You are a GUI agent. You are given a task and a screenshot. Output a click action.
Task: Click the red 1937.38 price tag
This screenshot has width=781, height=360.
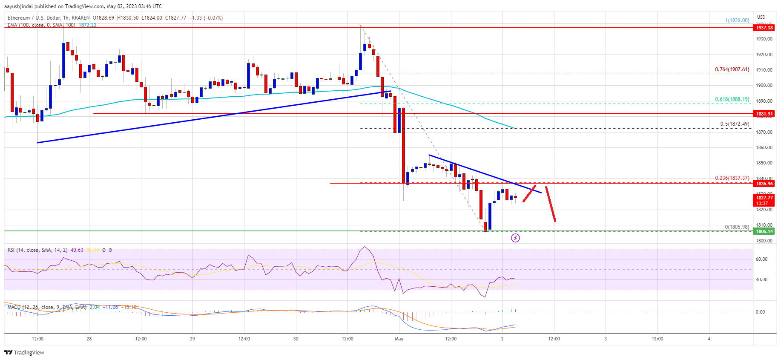pyautogui.click(x=764, y=28)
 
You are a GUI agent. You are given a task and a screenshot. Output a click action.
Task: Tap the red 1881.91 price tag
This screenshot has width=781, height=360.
pyautogui.click(x=764, y=114)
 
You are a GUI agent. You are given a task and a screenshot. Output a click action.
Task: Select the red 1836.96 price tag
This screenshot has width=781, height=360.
pyautogui.click(x=764, y=184)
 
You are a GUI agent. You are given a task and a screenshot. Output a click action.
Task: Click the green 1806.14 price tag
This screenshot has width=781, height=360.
pyautogui.click(x=764, y=231)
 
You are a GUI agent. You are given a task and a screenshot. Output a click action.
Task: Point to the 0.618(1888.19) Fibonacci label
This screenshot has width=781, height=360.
pyautogui.click(x=732, y=99)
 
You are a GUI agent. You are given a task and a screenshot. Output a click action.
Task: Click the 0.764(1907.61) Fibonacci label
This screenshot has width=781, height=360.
pyautogui.click(x=732, y=69)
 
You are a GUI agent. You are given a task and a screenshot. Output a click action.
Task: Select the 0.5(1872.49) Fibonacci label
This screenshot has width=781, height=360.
pyautogui.click(x=734, y=124)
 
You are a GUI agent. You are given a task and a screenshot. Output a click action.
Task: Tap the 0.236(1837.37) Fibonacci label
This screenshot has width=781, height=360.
pyautogui.click(x=732, y=178)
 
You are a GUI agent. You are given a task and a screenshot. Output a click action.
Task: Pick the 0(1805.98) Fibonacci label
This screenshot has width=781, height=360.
pyautogui.click(x=737, y=227)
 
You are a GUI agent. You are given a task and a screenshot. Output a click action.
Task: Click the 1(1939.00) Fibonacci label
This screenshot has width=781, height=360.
pyautogui.click(x=737, y=20)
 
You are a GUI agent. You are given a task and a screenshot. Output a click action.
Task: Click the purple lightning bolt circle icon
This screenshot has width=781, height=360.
pyautogui.click(x=515, y=238)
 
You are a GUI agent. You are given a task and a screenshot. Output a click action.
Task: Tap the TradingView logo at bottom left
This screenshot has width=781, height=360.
pyautogui.click(x=24, y=352)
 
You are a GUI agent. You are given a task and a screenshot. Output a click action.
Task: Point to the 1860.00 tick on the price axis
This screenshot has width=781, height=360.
pyautogui.click(x=764, y=147)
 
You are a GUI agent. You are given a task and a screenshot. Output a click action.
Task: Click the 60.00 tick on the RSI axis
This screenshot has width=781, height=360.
pyautogui.click(x=761, y=259)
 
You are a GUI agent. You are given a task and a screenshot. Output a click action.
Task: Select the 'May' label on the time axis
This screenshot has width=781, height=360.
pyautogui.click(x=399, y=339)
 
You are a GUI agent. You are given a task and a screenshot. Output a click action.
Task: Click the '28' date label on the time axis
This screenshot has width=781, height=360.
pyautogui.click(x=89, y=339)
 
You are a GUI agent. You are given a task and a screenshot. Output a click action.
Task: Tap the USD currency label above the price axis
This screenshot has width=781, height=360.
pyautogui.click(x=761, y=17)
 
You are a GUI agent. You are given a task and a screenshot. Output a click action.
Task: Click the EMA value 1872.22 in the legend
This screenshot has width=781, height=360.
pyautogui.click(x=87, y=25)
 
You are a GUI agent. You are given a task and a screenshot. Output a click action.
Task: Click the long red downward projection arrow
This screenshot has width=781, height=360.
pyautogui.click(x=550, y=204)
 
